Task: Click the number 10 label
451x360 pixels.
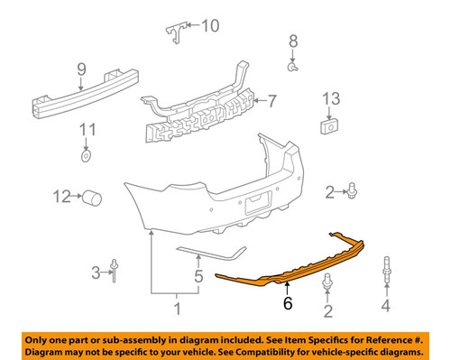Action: (x=209, y=25)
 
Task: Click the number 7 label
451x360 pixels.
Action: (x=272, y=102)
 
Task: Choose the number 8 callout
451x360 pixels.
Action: (x=292, y=41)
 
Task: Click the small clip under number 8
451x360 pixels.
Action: (x=293, y=67)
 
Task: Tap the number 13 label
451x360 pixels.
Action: (x=330, y=98)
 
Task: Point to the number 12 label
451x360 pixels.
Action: (x=61, y=196)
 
